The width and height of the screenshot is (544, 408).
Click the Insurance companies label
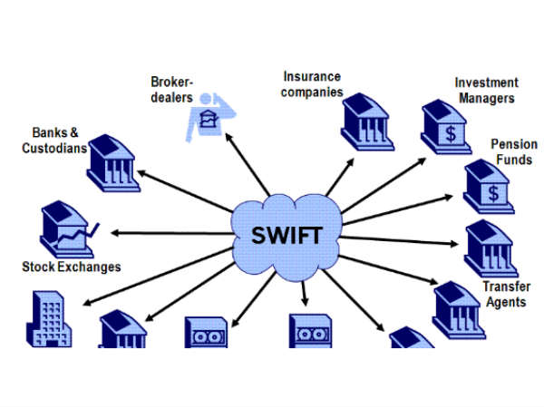[313, 84]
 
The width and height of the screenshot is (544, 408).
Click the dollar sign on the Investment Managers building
[450, 135]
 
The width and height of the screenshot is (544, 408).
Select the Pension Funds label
[513, 151]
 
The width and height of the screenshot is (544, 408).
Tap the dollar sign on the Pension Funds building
[492, 192]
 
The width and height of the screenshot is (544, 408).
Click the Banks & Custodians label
[55, 138]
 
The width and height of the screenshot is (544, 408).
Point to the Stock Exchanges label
[72, 267]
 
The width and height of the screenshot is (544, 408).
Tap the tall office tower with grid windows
[44, 319]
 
